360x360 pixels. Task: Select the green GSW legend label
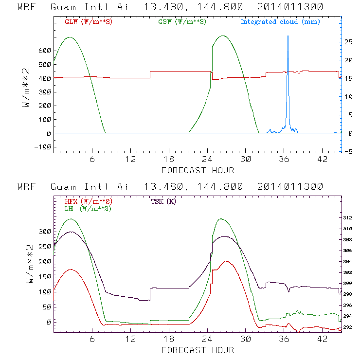point(181,22)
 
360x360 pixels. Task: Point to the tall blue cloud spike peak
point(288,36)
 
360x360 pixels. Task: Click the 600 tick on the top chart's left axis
point(44,51)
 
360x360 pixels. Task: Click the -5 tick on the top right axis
point(349,152)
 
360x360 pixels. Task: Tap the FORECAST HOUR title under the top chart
point(198,170)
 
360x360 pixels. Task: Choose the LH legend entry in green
point(88,208)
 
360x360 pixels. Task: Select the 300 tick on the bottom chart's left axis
point(44,232)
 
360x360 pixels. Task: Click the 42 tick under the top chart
point(322,160)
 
